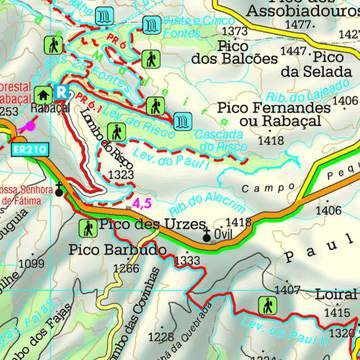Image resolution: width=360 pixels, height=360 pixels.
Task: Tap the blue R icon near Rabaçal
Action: click(64, 91)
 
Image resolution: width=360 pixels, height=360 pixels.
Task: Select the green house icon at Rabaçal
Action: click(44, 90)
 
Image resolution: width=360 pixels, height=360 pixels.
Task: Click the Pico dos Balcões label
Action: click(233, 51)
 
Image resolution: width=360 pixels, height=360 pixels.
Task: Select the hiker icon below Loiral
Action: click(268, 305)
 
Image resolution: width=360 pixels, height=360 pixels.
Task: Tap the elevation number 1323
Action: click(122, 175)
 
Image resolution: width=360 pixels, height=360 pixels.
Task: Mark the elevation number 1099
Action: click(31, 263)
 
